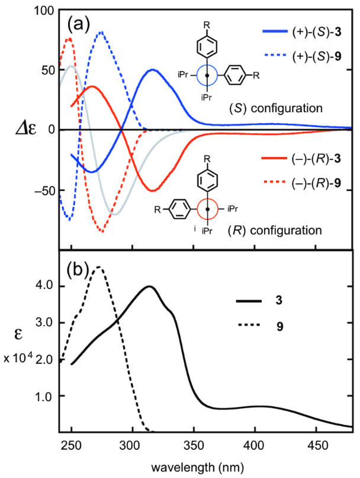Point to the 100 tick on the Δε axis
(46, 10)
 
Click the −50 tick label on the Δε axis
(43, 191)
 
